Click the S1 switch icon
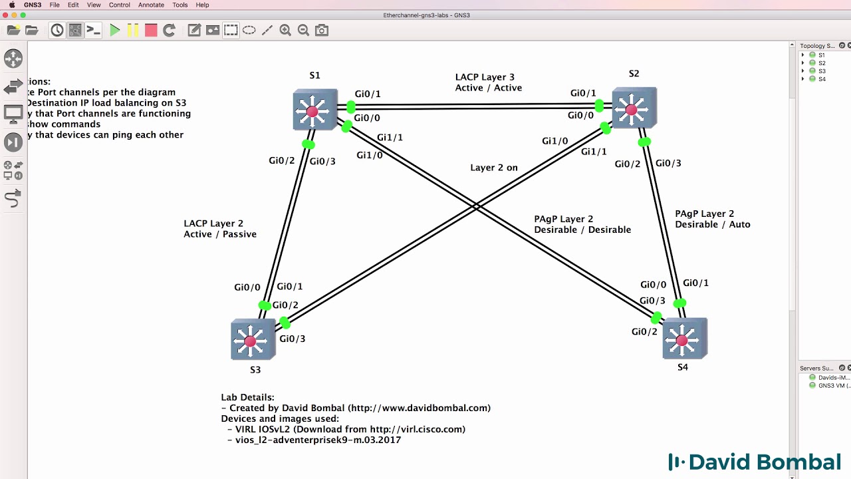pos(314,110)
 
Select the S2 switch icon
pos(633,108)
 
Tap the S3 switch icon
pos(252,340)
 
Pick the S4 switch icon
pos(683,339)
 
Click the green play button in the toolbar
pos(115,30)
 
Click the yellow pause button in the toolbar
pos(133,30)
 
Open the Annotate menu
pos(151,5)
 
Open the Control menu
pos(120,5)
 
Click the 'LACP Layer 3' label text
pos(485,77)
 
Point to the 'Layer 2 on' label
pos(493,168)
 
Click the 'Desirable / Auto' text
pos(712,225)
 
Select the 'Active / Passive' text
pos(220,234)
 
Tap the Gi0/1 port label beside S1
pos(368,94)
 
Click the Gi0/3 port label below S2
pos(668,164)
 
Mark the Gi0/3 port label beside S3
pos(293,339)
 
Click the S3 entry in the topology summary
pos(822,71)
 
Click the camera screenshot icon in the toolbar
pos(322,30)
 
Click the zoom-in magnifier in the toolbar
pos(285,30)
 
